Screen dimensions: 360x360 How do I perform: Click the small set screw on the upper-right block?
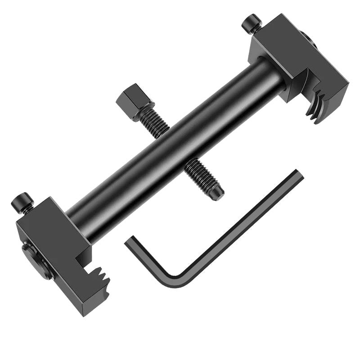point(252,23)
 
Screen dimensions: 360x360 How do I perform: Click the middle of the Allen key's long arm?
point(238,225)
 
